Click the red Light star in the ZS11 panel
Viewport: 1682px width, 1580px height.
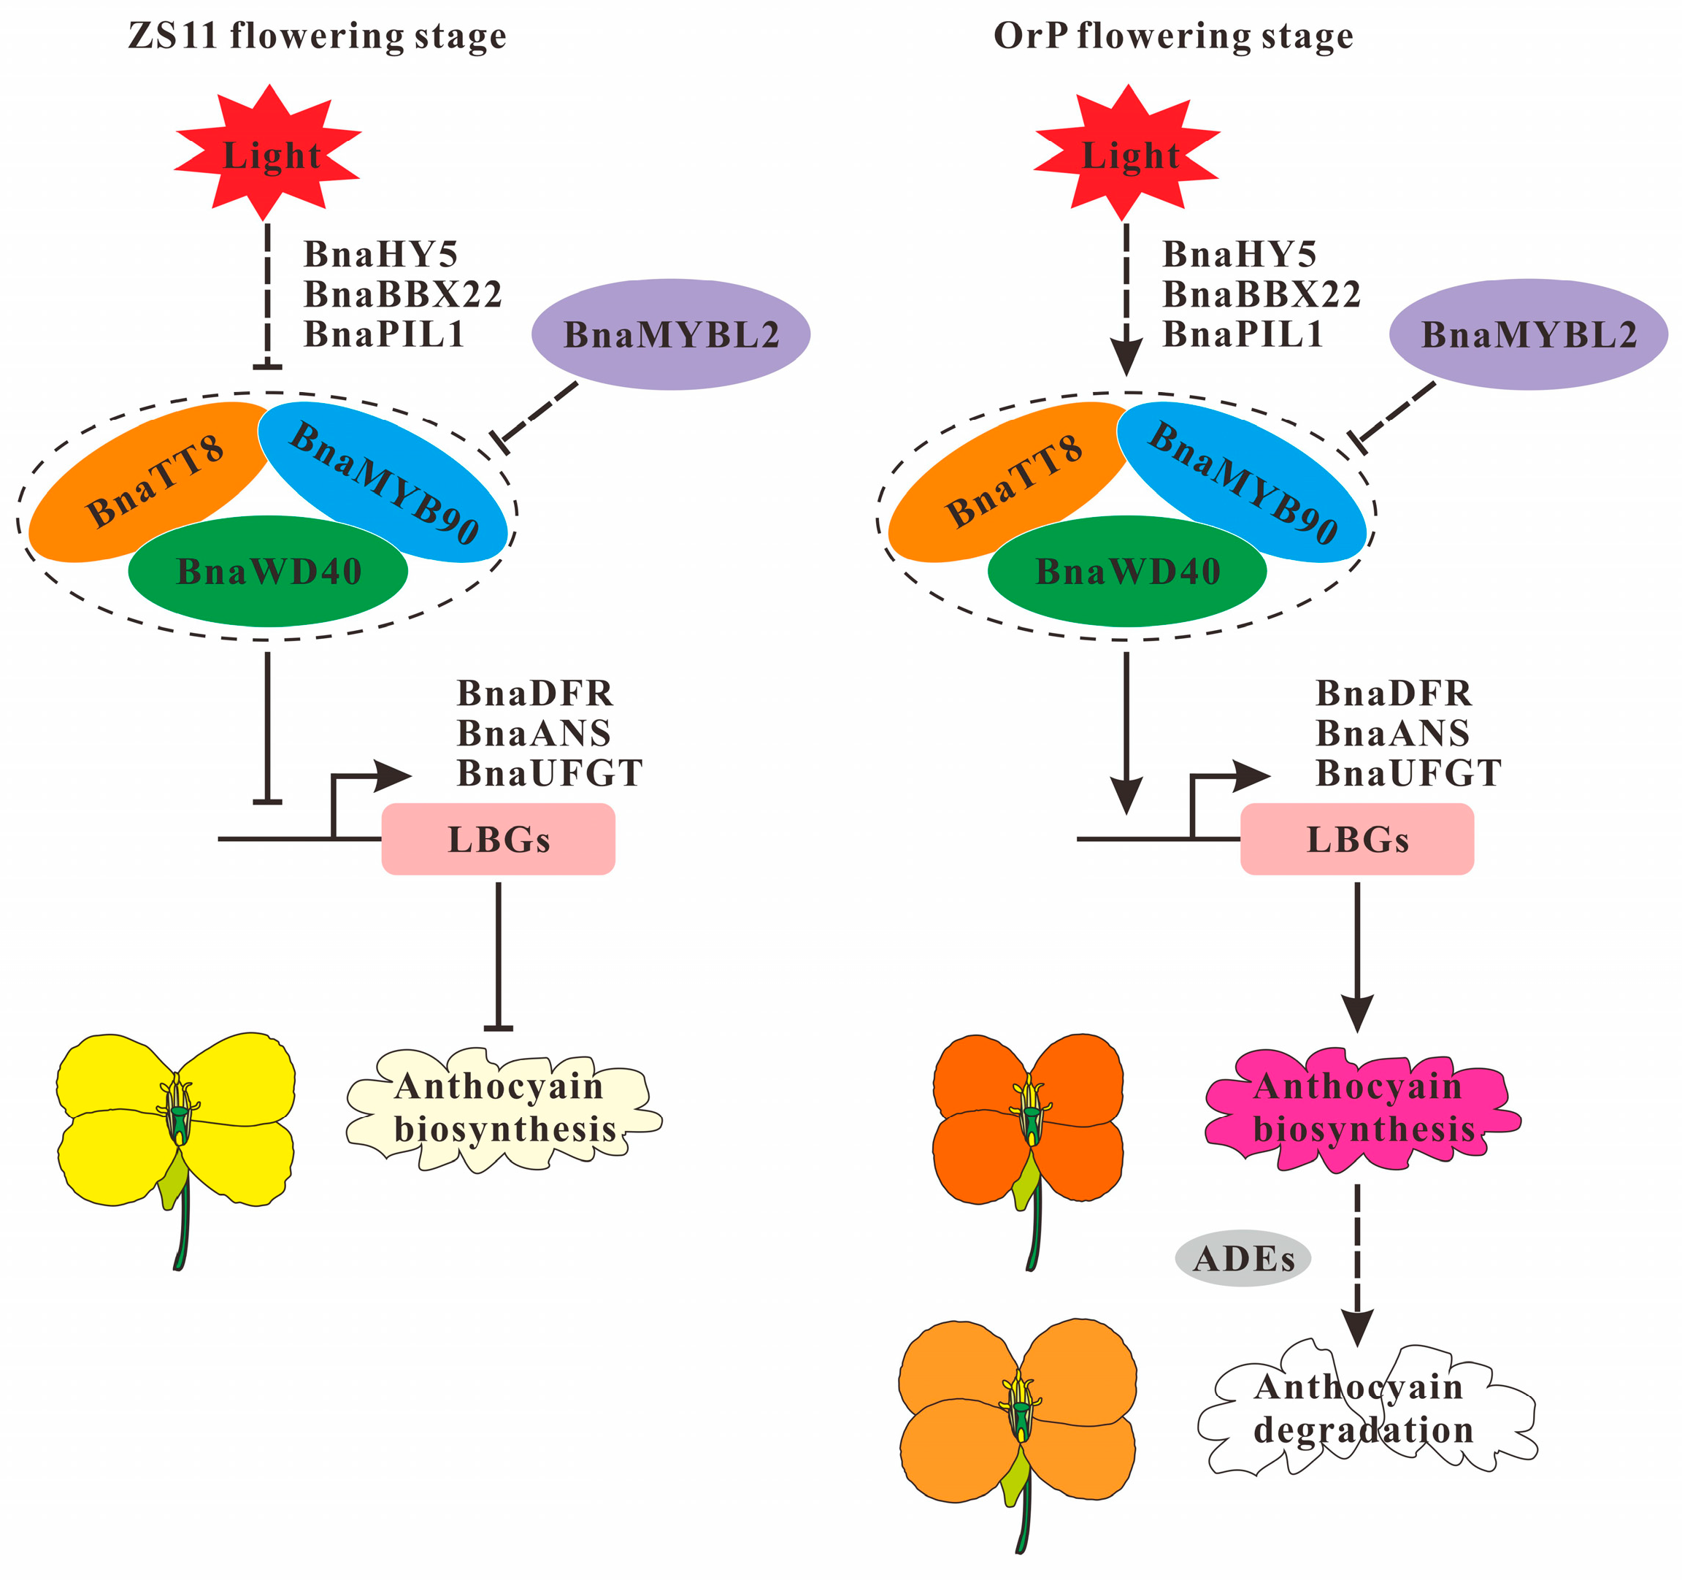click(268, 155)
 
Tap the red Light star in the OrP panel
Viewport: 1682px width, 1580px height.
click(1127, 155)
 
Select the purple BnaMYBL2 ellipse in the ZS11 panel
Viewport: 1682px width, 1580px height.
click(671, 335)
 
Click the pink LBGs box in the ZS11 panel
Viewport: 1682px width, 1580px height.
click(499, 840)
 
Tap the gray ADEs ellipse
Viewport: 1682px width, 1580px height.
click(1243, 1259)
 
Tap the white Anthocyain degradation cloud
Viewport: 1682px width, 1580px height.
click(1364, 1409)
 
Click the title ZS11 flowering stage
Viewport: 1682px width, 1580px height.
click(318, 37)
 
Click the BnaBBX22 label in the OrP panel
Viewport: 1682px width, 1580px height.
click(1261, 294)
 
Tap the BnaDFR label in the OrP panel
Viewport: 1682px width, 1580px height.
click(1394, 693)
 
